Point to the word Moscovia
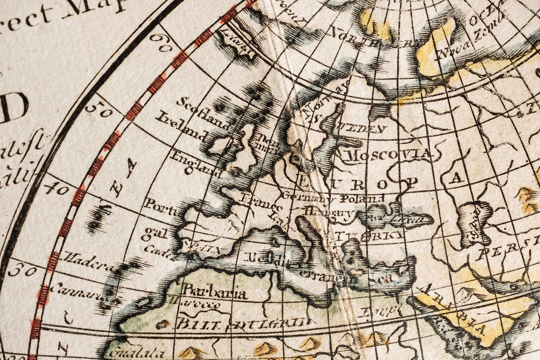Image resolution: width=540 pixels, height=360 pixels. [390, 155]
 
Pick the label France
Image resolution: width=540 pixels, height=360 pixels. [261, 203]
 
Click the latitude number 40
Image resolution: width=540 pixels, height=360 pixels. [57, 188]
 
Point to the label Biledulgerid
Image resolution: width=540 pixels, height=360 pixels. [243, 323]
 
